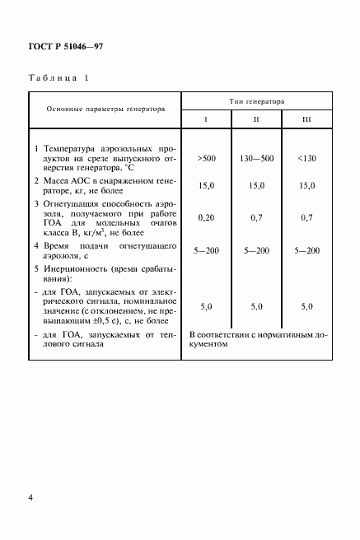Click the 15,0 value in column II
(256, 186)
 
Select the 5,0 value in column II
(256, 305)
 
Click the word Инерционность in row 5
(71, 268)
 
